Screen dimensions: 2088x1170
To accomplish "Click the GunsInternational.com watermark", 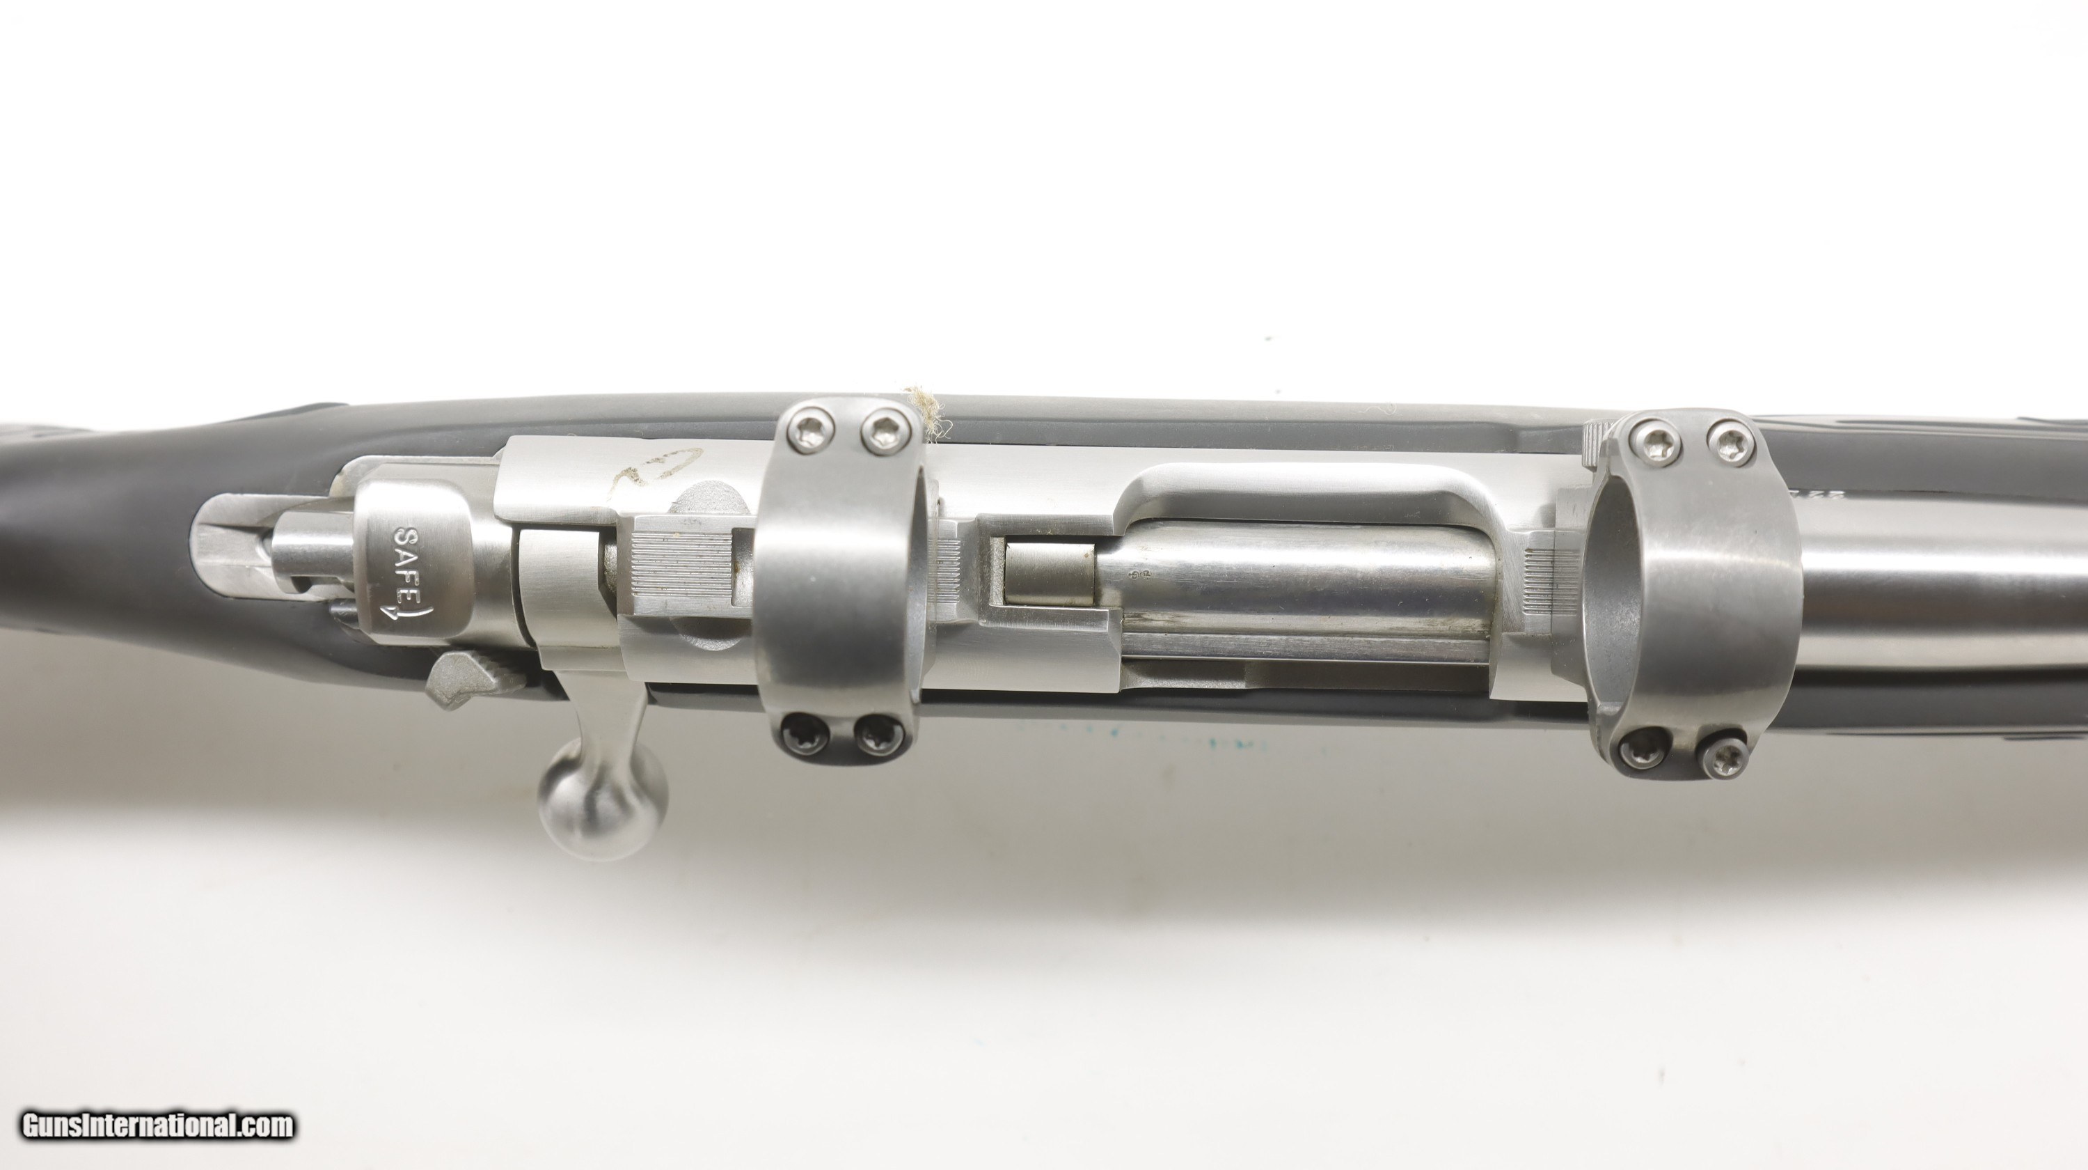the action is click(157, 1125).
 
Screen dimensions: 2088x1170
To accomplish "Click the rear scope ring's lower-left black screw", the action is click(805, 735).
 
